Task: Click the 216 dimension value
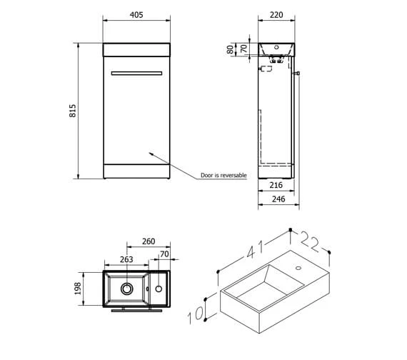[x=276, y=185]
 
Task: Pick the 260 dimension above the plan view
[x=149, y=242]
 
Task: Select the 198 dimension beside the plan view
[x=77, y=289]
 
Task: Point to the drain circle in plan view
[x=128, y=289]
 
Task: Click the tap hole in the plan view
[x=158, y=289]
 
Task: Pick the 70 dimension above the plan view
[x=166, y=253]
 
